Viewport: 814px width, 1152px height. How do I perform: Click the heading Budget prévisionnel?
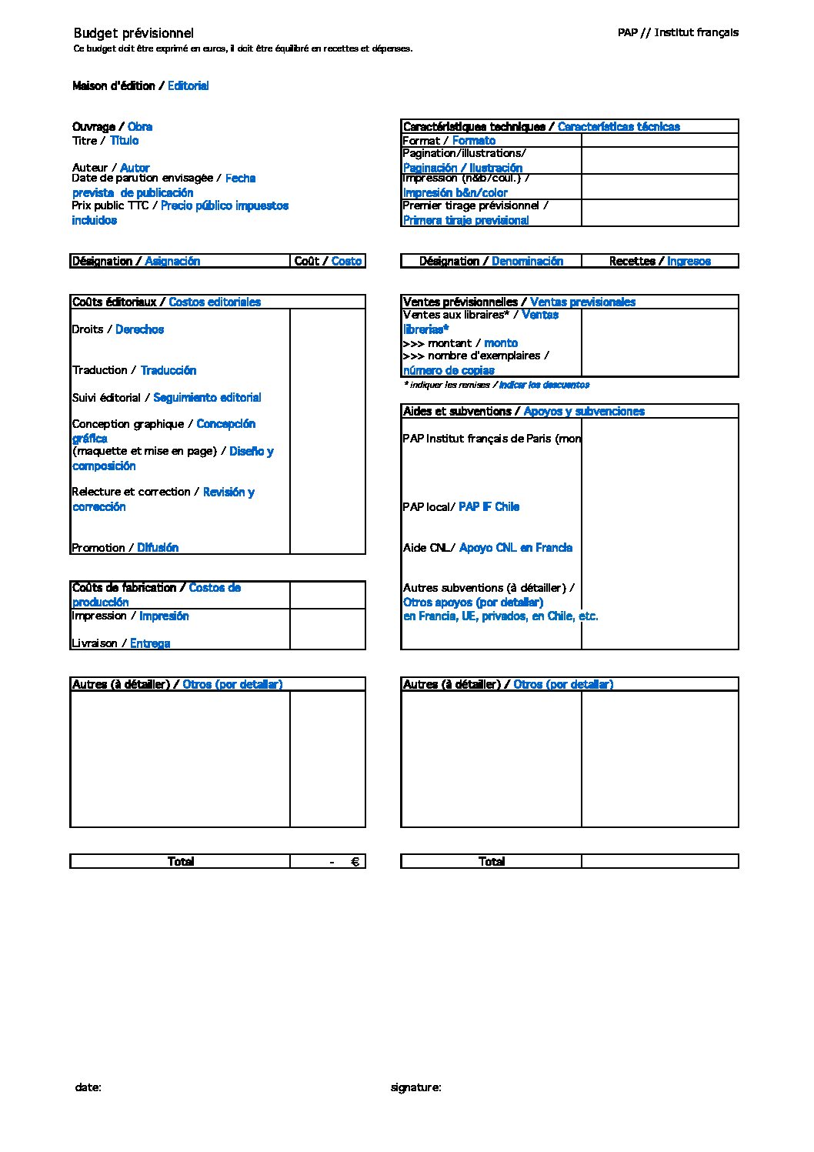click(x=133, y=33)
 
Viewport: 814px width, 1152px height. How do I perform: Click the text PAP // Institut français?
click(x=677, y=32)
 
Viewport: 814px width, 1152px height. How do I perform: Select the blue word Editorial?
click(x=188, y=86)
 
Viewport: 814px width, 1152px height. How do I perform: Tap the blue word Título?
click(x=124, y=141)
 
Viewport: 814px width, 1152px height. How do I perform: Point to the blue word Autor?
click(x=135, y=168)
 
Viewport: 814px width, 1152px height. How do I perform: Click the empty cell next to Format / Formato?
click(x=659, y=141)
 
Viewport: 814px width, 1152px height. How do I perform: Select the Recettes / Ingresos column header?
click(x=659, y=262)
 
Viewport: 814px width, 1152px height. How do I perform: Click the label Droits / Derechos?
click(x=118, y=329)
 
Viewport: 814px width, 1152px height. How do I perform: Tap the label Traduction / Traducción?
click(x=134, y=370)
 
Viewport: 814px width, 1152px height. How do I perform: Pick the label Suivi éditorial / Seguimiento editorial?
click(x=166, y=398)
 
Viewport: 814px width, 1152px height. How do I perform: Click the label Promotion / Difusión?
click(x=125, y=548)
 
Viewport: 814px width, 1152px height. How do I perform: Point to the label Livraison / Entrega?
click(x=121, y=643)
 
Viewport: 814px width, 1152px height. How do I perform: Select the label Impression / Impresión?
click(x=130, y=616)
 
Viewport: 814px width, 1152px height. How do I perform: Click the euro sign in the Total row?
click(x=355, y=862)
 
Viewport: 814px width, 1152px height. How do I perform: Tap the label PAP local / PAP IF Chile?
click(x=461, y=506)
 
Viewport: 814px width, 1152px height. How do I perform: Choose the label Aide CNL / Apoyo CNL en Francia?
click(x=487, y=548)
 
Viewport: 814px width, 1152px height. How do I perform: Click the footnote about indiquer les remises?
click(x=496, y=385)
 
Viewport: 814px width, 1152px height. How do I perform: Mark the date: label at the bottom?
click(x=88, y=1087)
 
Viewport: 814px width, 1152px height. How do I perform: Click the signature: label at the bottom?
click(x=415, y=1087)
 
